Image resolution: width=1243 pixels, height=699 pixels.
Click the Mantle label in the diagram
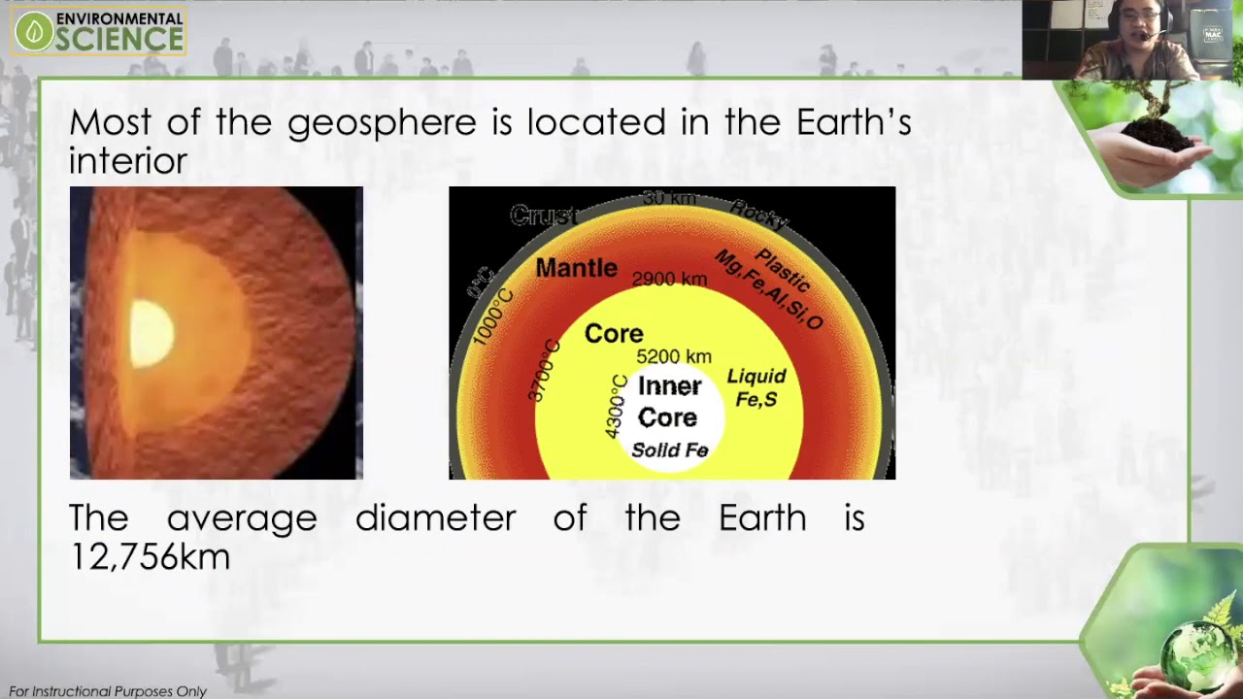point(576,268)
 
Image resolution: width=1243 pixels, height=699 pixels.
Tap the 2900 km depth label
point(669,280)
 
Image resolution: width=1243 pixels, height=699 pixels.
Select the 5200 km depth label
point(674,356)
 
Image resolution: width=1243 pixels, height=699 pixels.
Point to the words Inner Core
point(668,402)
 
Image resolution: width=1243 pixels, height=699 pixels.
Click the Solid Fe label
point(669,450)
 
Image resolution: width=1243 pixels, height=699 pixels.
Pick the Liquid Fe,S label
point(756,387)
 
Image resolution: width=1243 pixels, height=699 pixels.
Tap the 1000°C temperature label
point(493,316)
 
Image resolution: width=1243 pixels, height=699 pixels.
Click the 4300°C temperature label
point(617,405)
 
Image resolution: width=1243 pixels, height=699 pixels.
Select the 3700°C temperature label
point(544,370)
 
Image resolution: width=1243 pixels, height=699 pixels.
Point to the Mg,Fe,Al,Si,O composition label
point(768,289)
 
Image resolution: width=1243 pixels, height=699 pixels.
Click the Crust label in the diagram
point(543,216)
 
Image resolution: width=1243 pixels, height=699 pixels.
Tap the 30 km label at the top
point(669,198)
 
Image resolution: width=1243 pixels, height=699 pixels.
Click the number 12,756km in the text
point(150,557)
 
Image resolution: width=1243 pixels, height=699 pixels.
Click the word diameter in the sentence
point(435,518)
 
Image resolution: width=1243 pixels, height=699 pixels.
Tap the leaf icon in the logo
point(34,31)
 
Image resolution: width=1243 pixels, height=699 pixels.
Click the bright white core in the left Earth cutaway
point(151,333)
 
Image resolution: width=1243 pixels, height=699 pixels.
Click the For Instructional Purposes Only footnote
point(108,691)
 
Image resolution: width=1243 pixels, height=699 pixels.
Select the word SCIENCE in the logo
point(119,38)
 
